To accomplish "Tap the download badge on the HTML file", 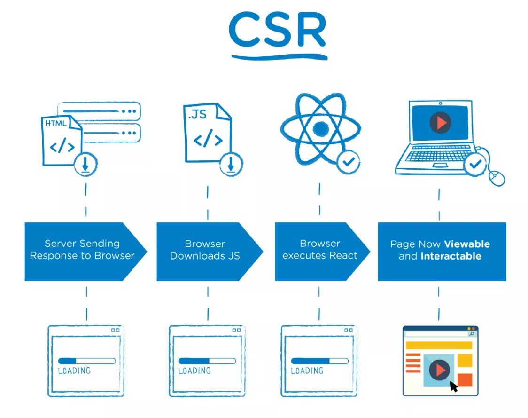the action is pos(85,164).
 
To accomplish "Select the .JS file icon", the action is pos(207,133).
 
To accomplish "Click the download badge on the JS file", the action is pos(231,164).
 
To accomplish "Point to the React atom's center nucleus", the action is pos(320,128).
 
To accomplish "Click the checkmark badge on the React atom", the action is pos(348,162).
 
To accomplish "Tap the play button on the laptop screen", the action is pos(440,123).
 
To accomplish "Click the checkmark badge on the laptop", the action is pos(475,164).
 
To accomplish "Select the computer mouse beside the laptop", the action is pos(497,178).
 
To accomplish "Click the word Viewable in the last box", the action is pos(467,244).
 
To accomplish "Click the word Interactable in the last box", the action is pos(451,256).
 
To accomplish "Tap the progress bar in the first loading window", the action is pos(87,361).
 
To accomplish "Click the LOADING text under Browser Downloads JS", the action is pos(194,371).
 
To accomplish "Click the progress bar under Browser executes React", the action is pos(319,361).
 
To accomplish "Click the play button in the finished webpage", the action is pos(439,370).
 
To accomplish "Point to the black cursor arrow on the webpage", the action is pos(454,386).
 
